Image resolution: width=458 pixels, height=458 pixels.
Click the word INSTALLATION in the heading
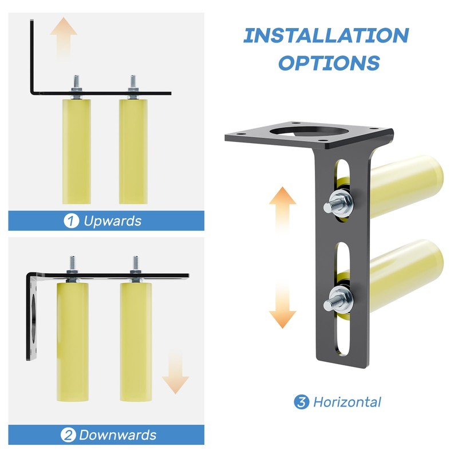click(326, 35)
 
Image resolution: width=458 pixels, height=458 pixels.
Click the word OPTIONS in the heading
click(329, 62)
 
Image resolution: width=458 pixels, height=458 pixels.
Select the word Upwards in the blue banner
click(112, 221)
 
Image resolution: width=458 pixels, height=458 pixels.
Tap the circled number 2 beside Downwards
click(68, 435)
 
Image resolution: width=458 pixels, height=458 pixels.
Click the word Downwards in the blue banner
click(117, 435)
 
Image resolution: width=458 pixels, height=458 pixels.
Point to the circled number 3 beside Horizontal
click(302, 402)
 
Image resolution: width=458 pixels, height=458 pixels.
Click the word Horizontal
click(347, 402)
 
